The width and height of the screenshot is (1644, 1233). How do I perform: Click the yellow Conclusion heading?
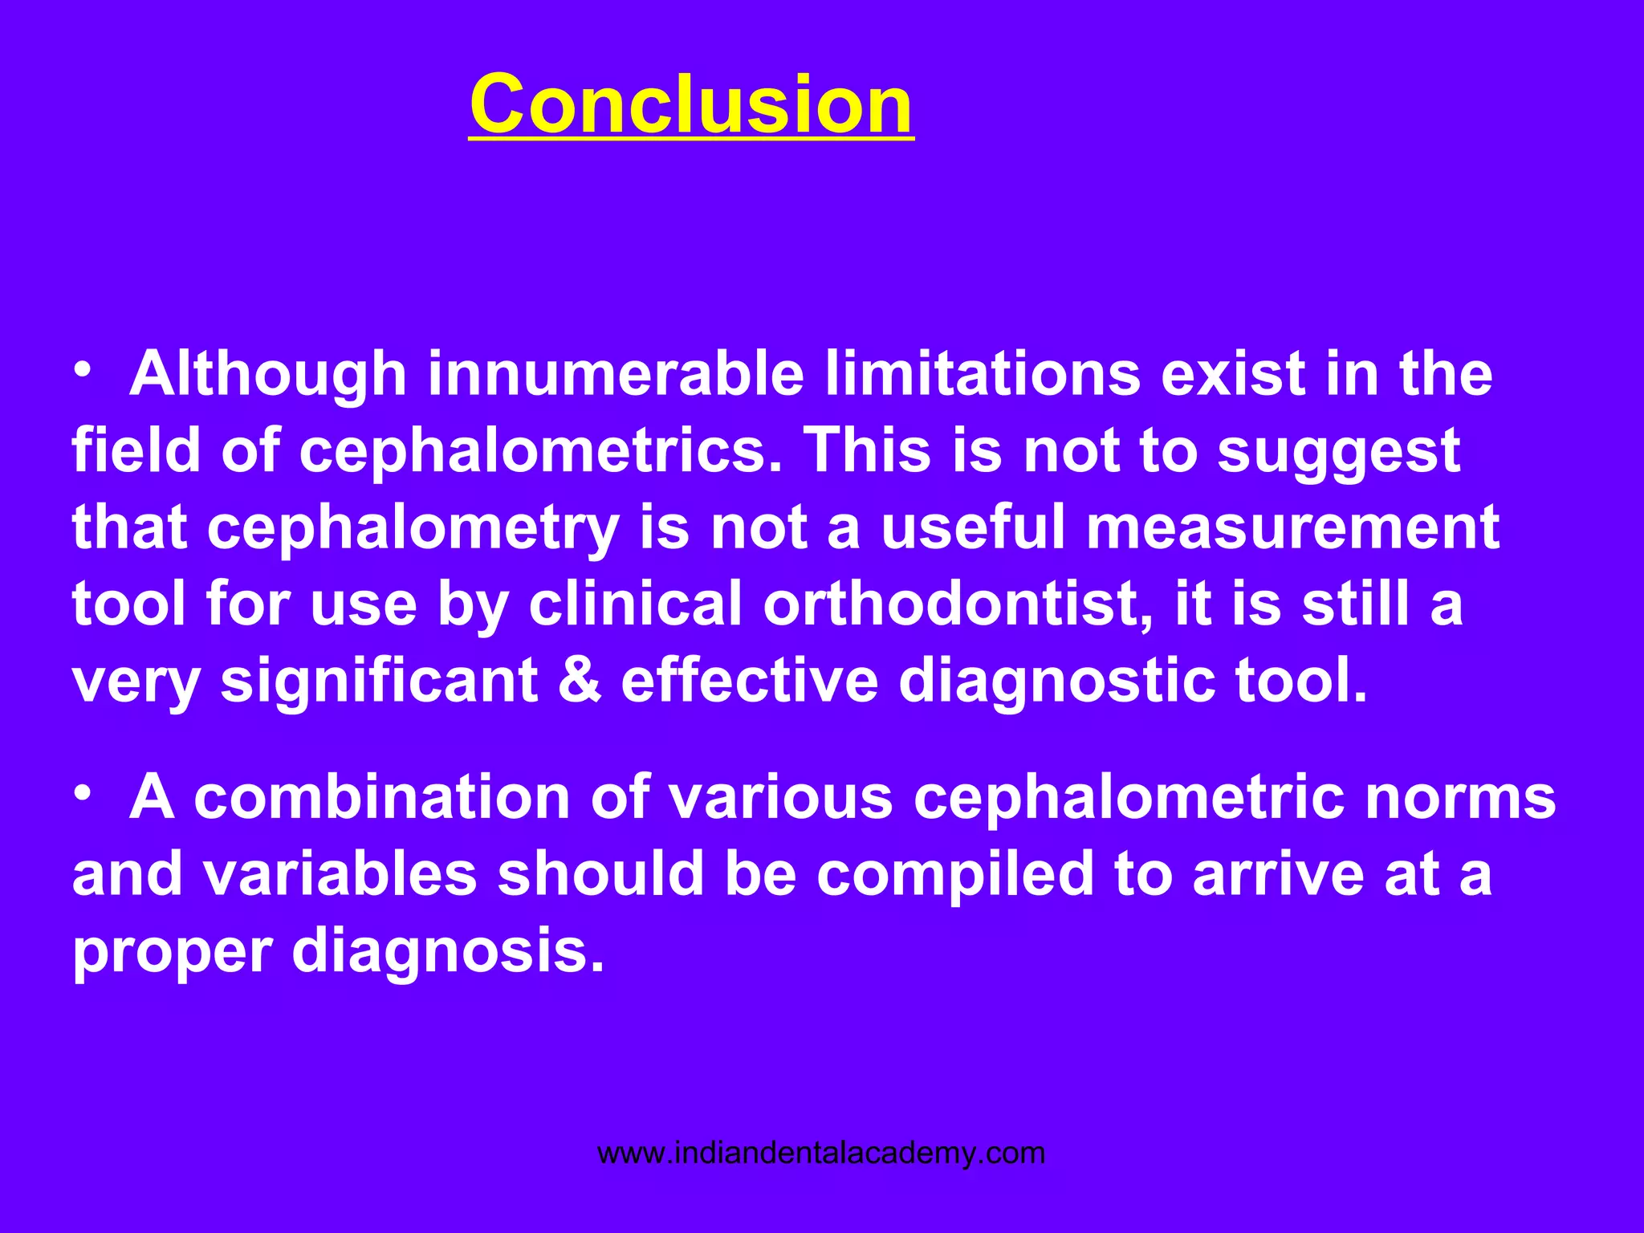tap(690, 104)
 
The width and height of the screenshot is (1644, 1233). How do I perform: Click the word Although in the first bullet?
tap(268, 374)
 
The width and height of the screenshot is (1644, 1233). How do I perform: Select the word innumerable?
tap(616, 374)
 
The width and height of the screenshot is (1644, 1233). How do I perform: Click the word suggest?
tap(1338, 450)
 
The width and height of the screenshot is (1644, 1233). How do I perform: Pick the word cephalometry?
tap(413, 527)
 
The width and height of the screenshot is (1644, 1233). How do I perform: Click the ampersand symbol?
tap(579, 681)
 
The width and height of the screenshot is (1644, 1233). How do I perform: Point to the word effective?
tap(750, 681)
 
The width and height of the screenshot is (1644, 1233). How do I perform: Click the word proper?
tap(172, 952)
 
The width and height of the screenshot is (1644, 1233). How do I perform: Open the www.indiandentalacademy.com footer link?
tap(821, 1154)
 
